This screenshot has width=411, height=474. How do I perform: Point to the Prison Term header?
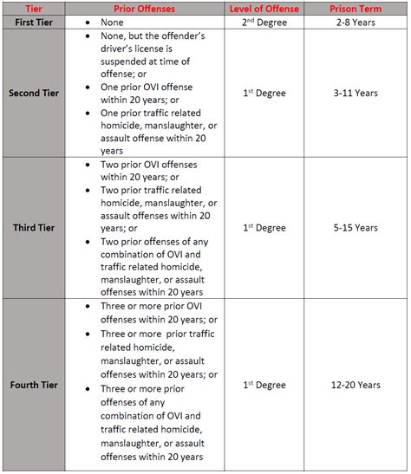coord(354,9)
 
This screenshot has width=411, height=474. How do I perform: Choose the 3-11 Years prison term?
coord(354,93)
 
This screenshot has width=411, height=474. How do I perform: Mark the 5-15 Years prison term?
coord(354,228)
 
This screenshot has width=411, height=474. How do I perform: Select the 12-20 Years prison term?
coord(354,383)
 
